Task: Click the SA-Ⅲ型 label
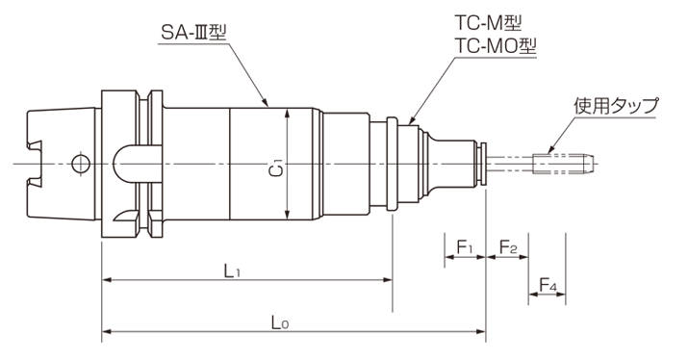[x=193, y=32]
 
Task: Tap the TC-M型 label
[x=488, y=23]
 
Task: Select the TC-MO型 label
[x=495, y=45]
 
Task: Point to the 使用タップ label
[x=617, y=105]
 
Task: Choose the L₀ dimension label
[x=280, y=323]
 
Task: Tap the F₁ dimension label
[x=465, y=247]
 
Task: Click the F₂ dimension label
[x=508, y=247]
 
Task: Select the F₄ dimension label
[x=548, y=286]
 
